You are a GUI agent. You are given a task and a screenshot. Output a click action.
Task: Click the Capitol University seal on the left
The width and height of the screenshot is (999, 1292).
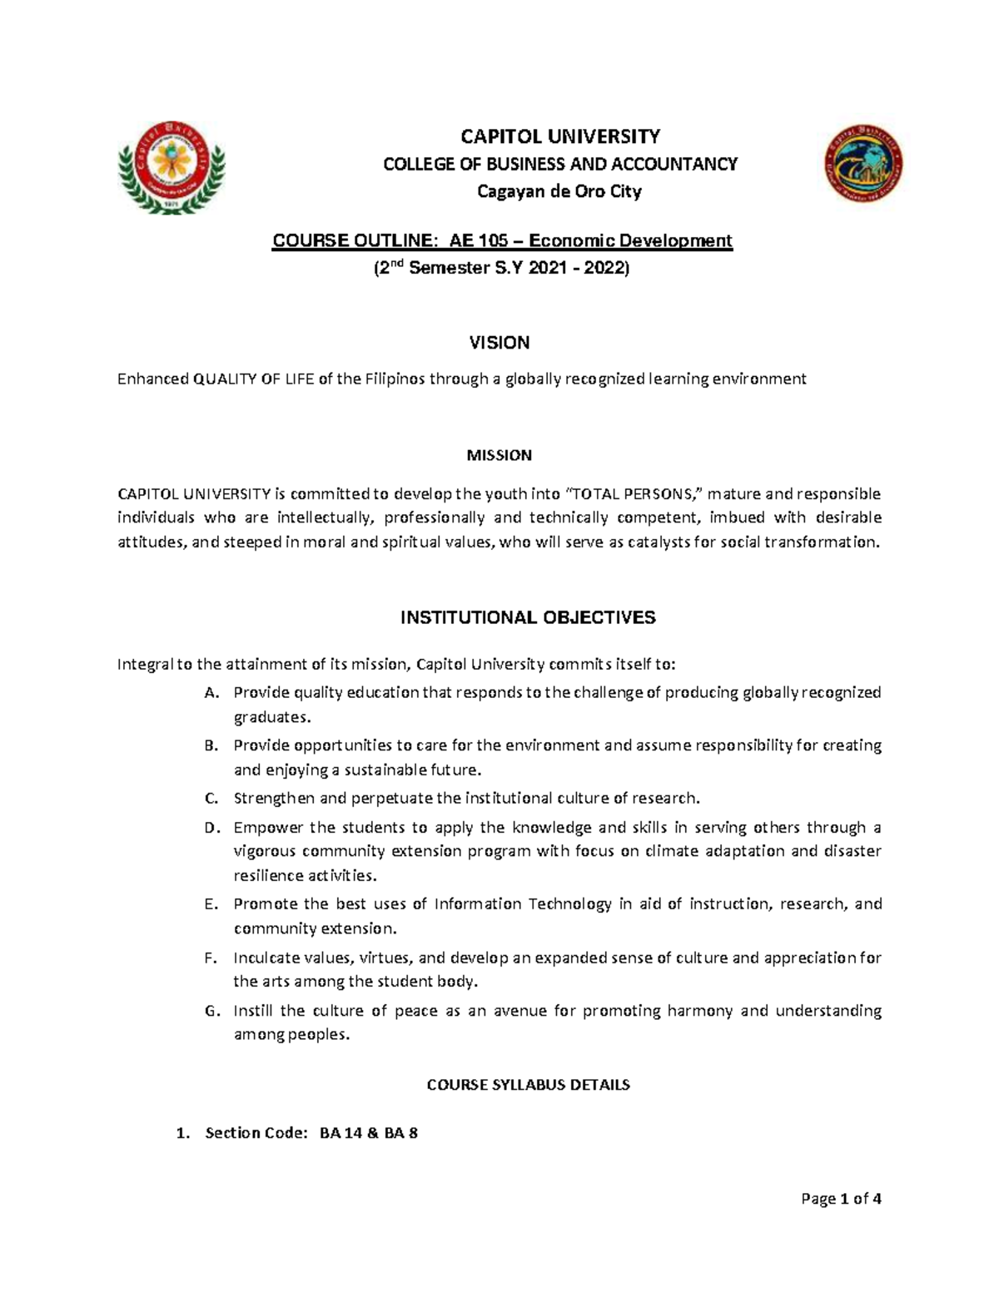pyautogui.click(x=170, y=166)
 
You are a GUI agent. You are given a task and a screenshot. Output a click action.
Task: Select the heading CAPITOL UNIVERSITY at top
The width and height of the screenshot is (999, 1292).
pyautogui.click(x=560, y=136)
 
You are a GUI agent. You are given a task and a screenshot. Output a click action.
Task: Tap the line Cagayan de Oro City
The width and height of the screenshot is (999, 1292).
pyautogui.click(x=559, y=192)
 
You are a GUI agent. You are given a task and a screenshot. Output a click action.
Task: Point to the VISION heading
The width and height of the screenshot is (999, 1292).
pyautogui.click(x=499, y=343)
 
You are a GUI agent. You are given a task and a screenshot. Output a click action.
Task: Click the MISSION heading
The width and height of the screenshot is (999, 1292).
pyautogui.click(x=499, y=455)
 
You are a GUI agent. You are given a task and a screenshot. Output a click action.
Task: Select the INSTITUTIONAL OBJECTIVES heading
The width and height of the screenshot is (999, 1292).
pyautogui.click(x=528, y=617)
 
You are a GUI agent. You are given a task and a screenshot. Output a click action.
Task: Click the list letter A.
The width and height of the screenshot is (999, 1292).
pyautogui.click(x=211, y=693)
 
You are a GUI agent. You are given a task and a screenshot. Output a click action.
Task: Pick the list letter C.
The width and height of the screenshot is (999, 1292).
pyautogui.click(x=211, y=799)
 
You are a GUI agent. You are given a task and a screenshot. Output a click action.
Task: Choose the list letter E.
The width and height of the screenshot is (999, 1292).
pyautogui.click(x=210, y=904)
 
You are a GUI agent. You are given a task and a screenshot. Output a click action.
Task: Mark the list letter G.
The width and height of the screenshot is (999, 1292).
pyautogui.click(x=211, y=1012)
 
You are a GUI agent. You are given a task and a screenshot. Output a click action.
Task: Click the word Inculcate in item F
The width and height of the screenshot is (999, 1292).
pyautogui.click(x=268, y=958)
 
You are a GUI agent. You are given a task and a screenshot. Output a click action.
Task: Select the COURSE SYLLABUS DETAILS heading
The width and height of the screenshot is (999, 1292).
pyautogui.click(x=528, y=1085)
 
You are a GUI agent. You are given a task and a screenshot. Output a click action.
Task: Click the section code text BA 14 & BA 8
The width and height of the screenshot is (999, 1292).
pyautogui.click(x=369, y=1133)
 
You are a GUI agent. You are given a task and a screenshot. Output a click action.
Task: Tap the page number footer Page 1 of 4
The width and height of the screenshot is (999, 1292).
pyautogui.click(x=840, y=1199)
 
